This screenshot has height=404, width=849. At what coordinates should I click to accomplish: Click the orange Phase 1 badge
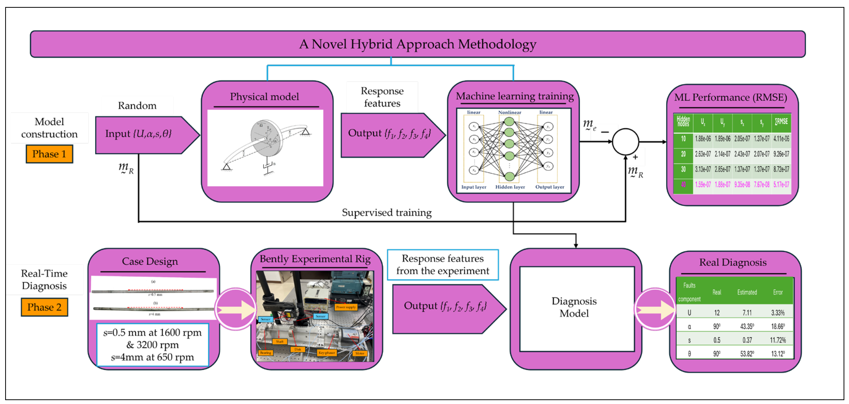(x=49, y=154)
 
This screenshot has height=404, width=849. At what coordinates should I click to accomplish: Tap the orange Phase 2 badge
(x=44, y=307)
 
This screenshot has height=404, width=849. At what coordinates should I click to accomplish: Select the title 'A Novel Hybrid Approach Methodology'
(x=418, y=44)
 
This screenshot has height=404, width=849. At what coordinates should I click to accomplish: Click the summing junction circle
(x=625, y=142)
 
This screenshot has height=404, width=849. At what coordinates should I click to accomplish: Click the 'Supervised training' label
(x=387, y=212)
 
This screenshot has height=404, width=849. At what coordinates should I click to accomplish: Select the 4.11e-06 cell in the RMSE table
(x=781, y=139)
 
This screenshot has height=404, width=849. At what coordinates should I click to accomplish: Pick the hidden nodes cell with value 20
(x=683, y=154)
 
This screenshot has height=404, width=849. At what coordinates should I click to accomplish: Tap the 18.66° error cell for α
(x=778, y=327)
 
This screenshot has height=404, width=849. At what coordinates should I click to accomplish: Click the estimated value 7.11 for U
(x=747, y=313)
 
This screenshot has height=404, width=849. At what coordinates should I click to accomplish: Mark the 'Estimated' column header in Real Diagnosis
(x=747, y=292)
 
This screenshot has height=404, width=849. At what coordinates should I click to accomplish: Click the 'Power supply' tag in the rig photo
(x=346, y=307)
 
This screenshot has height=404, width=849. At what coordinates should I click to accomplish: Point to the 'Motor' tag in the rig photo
(x=359, y=353)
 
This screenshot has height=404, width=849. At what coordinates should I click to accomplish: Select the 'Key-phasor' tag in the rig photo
(x=327, y=352)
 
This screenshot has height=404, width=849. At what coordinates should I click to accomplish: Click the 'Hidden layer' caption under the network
(x=510, y=187)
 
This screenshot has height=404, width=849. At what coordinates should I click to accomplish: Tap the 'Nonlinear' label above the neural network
(x=509, y=113)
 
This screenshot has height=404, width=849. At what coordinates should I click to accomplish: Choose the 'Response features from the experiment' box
(x=443, y=265)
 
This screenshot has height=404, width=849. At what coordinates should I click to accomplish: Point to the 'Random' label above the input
(x=137, y=106)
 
